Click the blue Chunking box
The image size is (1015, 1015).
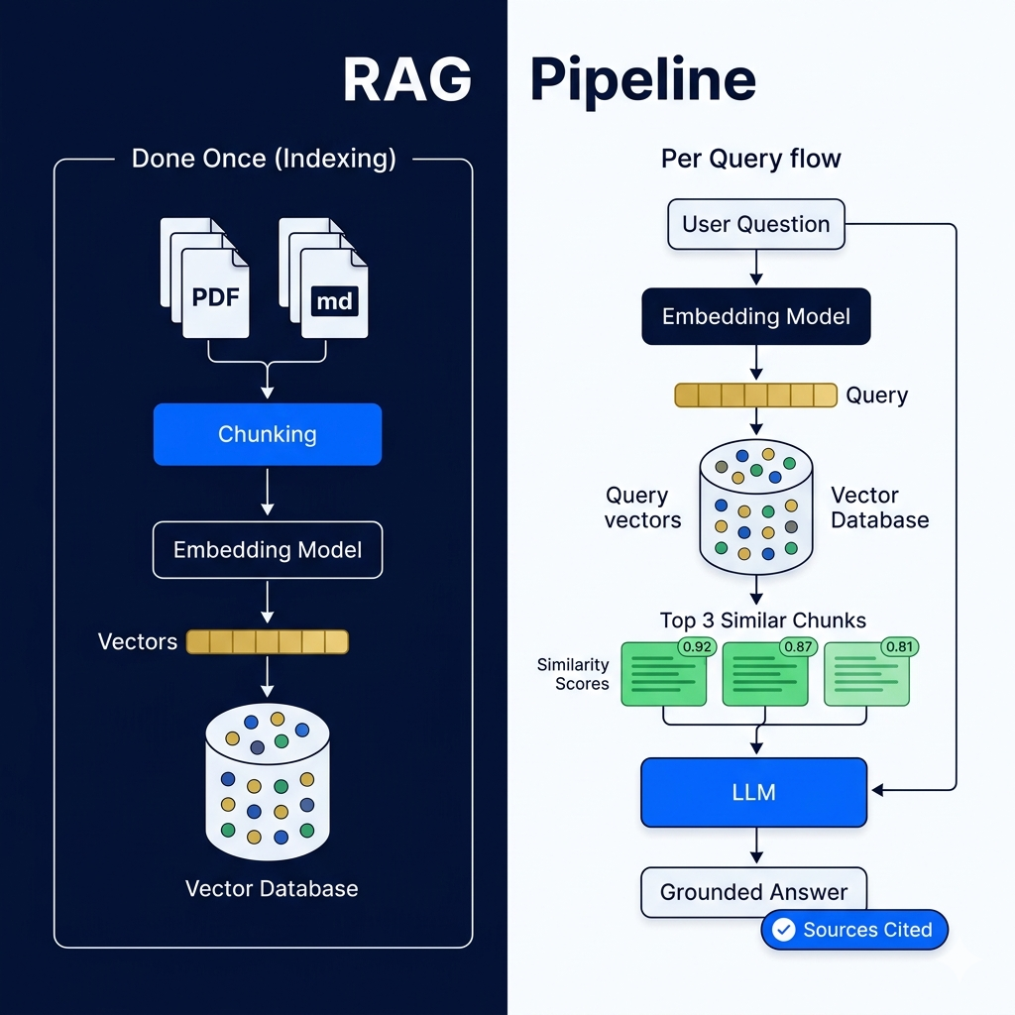point(268,434)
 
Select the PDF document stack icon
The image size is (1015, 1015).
point(204,278)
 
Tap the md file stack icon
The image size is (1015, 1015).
point(323,278)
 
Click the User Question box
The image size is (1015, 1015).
point(756,224)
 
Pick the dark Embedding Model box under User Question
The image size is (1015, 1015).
point(756,316)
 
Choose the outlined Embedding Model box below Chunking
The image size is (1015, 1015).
point(268,549)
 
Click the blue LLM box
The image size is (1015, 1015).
point(754,792)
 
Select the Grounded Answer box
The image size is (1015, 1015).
point(754,892)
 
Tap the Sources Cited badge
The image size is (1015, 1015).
point(854,930)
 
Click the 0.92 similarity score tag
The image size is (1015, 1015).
point(697,646)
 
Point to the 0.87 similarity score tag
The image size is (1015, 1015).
point(798,646)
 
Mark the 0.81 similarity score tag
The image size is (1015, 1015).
point(900,646)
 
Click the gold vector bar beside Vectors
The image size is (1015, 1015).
point(268,641)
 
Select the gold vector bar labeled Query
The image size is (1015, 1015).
point(756,395)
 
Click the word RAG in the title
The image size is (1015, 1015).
point(407,79)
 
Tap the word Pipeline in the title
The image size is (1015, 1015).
point(643,81)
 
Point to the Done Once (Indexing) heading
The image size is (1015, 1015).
point(264,159)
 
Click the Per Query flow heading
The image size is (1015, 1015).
point(751,159)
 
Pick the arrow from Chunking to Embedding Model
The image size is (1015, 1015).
point(268,492)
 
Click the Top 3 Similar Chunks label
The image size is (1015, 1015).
point(763,620)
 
